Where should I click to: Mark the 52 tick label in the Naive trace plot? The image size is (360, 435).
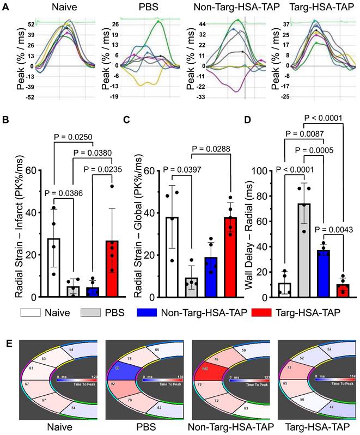[x=32, y=25]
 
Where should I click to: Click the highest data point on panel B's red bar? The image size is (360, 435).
[x=112, y=186]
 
